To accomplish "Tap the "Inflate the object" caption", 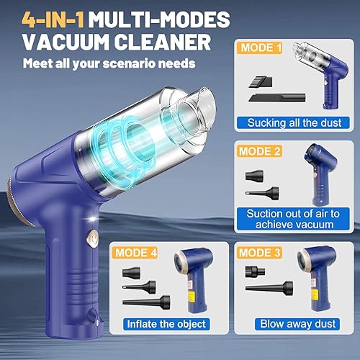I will pos(167,323).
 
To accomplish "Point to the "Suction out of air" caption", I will pos(289,214).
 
